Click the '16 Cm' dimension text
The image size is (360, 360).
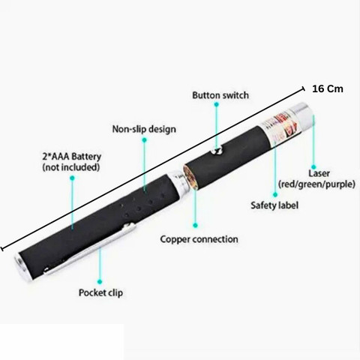[328, 88]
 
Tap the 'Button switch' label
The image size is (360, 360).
[220, 95]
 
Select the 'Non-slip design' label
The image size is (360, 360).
[144, 129]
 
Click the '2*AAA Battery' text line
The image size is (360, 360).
[72, 157]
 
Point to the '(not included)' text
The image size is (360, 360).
[71, 167]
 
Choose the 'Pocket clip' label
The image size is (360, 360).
[100, 292]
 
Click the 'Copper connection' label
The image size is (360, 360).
[199, 239]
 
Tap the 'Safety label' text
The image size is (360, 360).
[274, 205]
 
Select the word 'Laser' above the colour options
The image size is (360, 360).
[319, 173]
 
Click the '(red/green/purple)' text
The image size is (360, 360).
[316, 184]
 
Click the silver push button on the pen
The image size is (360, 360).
[217, 151]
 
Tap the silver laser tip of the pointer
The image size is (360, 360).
[302, 116]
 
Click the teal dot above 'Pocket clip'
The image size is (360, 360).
[100, 282]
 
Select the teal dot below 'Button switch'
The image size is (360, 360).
[217, 104]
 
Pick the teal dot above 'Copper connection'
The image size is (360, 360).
[195, 225]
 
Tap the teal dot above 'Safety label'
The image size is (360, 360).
[275, 194]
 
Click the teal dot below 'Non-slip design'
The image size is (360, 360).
[144, 140]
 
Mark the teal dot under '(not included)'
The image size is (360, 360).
[72, 178]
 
